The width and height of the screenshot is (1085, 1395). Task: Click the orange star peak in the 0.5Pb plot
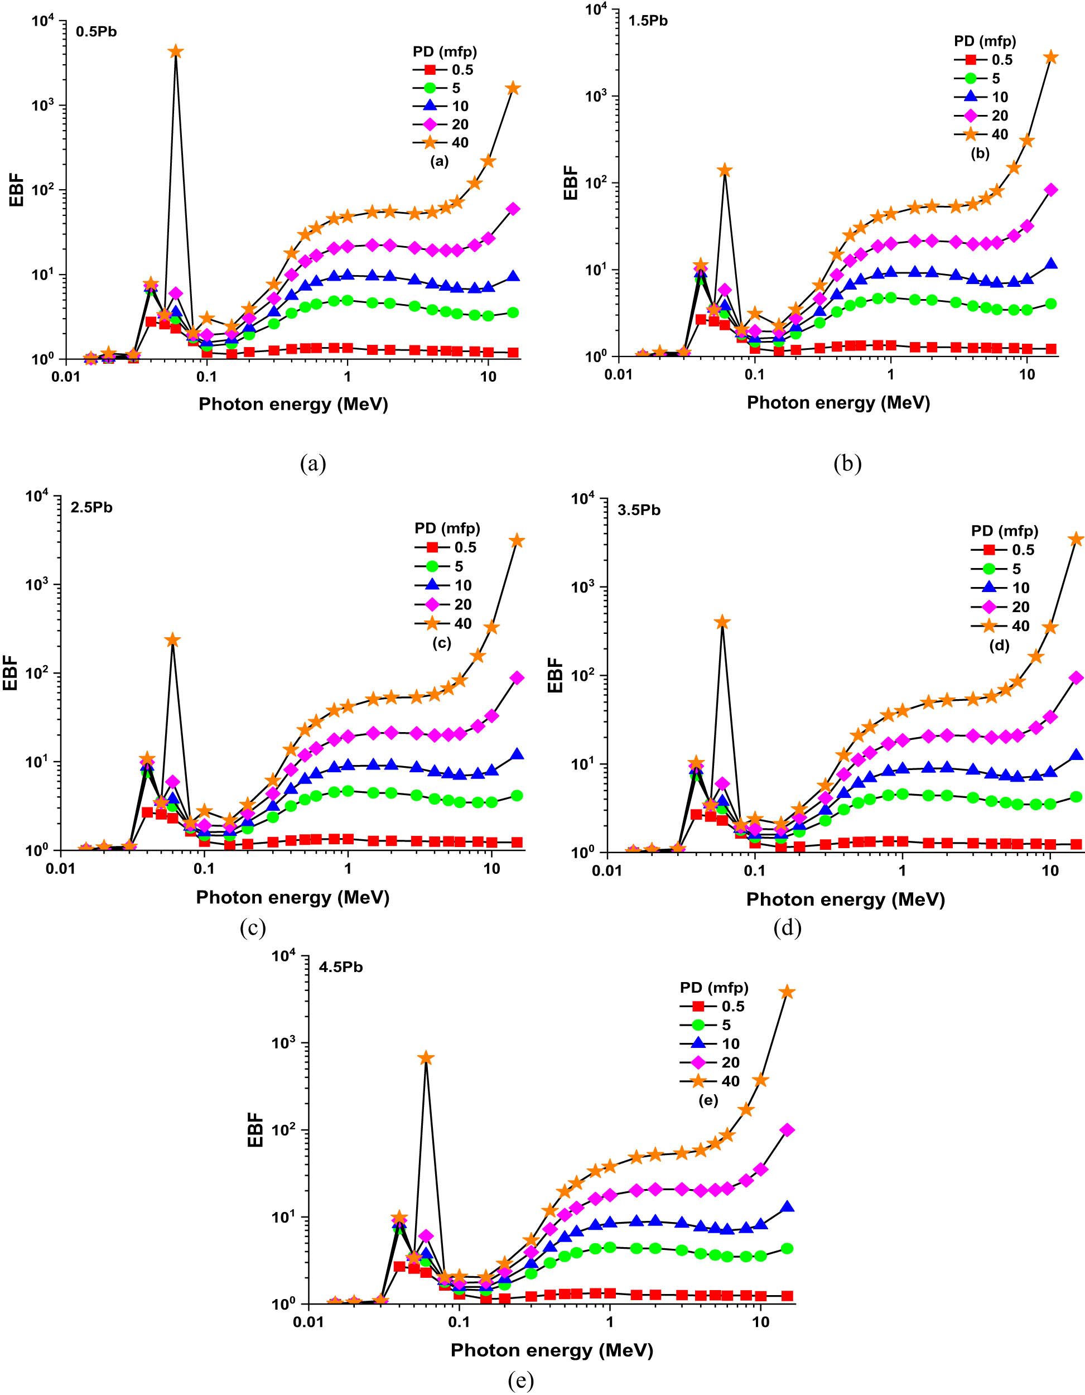176,52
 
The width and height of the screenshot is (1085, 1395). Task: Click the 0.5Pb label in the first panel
97,31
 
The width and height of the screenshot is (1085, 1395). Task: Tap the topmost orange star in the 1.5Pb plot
1050,57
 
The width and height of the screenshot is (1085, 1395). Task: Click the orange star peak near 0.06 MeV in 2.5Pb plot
172,640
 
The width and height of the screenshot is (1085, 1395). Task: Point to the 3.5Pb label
639,509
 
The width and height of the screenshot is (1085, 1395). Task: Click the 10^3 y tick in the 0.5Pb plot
43,105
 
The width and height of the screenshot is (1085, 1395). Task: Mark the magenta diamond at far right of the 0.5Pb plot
513,209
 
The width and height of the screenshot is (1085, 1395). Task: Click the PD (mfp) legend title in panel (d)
1005,531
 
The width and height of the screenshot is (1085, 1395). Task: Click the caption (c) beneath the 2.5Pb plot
252,927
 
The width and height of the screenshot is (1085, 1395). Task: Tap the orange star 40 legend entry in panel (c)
445,623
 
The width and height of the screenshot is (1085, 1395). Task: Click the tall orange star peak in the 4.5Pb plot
426,1059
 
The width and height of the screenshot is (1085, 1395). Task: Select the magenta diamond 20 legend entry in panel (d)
1002,607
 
